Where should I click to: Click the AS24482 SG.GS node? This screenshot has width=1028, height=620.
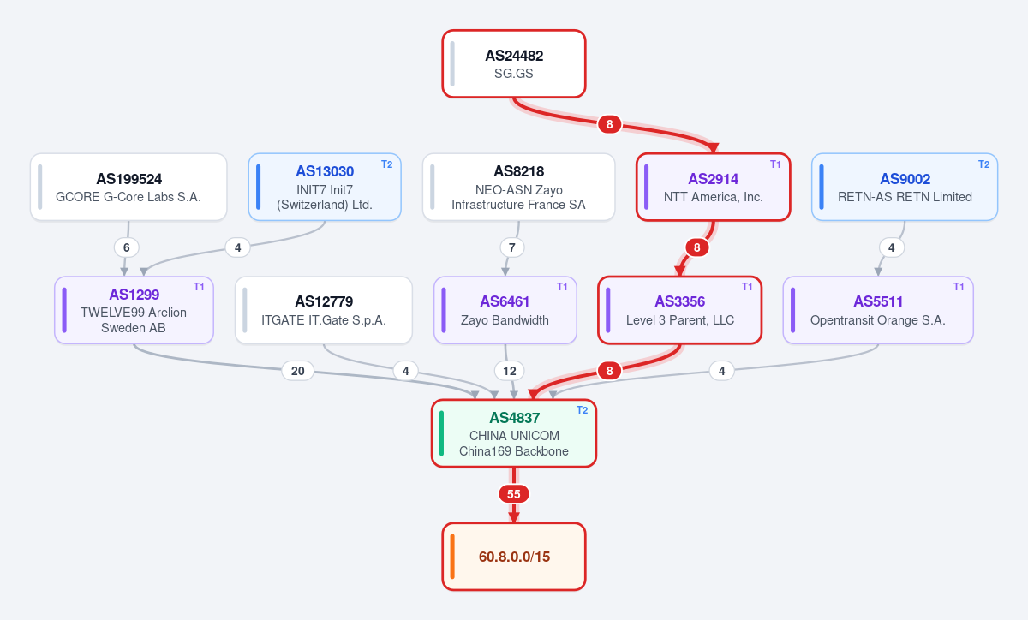coord(514,63)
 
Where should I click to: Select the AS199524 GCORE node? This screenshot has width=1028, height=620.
coord(128,188)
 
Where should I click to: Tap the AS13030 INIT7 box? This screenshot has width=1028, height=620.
coord(325,188)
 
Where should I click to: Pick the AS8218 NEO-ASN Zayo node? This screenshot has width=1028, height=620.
coord(518,188)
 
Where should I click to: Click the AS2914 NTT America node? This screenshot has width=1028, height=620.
coord(713,188)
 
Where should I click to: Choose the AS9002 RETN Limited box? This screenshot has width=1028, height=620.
coord(905,188)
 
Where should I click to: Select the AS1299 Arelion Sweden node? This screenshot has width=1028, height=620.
coord(134,310)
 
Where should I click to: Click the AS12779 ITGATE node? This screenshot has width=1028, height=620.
coord(324,310)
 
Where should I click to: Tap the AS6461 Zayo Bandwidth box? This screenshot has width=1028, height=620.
coord(505,310)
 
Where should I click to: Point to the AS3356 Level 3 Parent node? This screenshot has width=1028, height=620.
coord(679,310)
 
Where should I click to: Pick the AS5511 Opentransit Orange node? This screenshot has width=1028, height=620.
coord(878,310)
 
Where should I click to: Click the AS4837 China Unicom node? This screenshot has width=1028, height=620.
coord(514,433)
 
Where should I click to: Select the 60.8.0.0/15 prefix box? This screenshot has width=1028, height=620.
coord(514,557)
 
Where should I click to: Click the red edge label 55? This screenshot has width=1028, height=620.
coord(513,494)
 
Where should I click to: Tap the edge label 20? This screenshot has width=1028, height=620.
coord(298,371)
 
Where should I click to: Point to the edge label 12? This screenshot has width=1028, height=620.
coord(510,371)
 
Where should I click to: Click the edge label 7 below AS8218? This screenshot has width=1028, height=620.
coord(512,247)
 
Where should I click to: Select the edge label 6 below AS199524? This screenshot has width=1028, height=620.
coord(127,247)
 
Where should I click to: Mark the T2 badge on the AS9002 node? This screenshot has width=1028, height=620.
coord(983,164)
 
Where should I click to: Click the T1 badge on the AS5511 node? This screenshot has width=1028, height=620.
coord(959,287)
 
